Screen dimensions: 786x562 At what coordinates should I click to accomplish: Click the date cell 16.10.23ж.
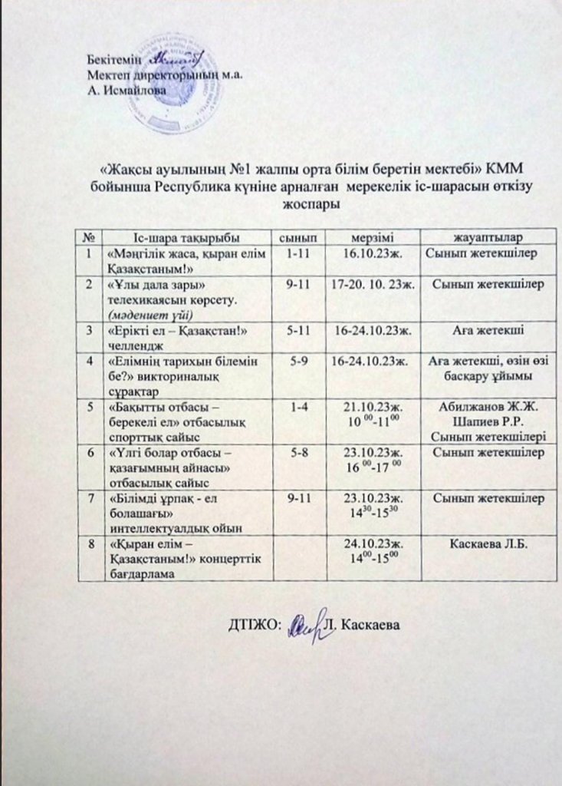pyautogui.click(x=371, y=252)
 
